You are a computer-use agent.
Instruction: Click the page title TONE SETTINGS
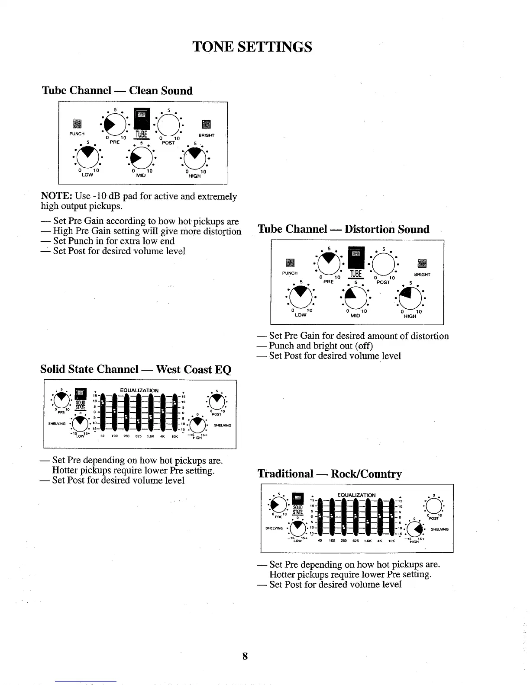pyautogui.click(x=252, y=46)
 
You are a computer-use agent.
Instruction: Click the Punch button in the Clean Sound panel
pyautogui.click(x=77, y=124)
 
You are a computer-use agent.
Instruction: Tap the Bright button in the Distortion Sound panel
pyautogui.click(x=422, y=263)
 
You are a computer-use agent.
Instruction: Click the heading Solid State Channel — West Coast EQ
pyautogui.click(x=136, y=369)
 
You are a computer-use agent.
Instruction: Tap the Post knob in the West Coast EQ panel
pyautogui.click(x=216, y=403)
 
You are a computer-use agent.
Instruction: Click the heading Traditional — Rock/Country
pyautogui.click(x=330, y=474)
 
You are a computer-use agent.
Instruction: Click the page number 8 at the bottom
pyautogui.click(x=245, y=656)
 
